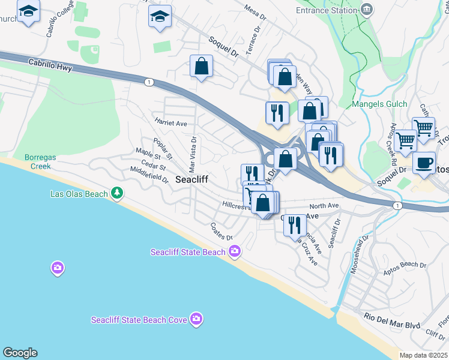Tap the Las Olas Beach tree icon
[x=118, y=193]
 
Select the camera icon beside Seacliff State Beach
[x=235, y=251]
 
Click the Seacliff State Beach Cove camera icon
[x=196, y=319]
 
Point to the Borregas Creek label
[x=41, y=161]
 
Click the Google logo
[x=20, y=353]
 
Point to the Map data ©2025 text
[x=423, y=355]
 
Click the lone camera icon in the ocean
[x=58, y=268]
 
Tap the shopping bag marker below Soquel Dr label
[x=202, y=67]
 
